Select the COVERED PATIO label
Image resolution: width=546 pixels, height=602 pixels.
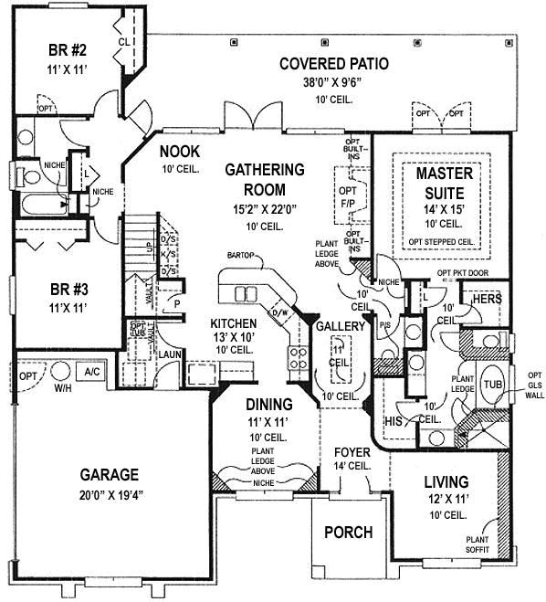coord(334,64)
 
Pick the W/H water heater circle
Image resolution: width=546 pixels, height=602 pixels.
coord(62,374)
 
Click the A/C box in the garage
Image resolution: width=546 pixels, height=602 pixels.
coord(92,373)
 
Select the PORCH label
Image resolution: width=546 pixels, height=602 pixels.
coord(348,532)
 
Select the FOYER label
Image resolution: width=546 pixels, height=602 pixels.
coord(352,451)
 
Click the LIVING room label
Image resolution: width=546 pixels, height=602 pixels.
coord(446,481)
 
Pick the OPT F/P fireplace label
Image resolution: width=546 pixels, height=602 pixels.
coord(347,197)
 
